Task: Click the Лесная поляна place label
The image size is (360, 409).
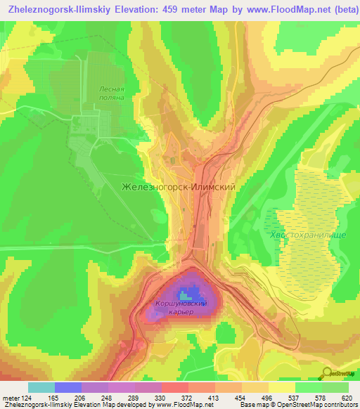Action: pos(112,93)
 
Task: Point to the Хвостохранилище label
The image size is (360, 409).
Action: pos(307,234)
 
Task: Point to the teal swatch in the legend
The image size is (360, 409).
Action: pos(41,387)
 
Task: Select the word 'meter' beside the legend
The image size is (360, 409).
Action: pos(11,398)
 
